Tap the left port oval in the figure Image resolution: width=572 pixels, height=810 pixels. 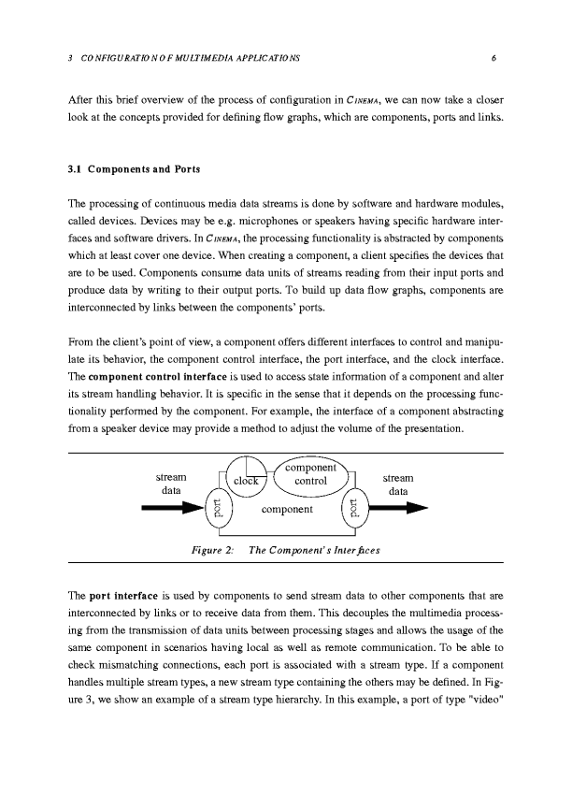point(217,509)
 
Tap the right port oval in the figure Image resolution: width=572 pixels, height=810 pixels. point(354,509)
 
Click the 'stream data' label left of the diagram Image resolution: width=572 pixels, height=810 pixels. point(171,484)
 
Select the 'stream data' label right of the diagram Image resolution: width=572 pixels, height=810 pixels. point(398,484)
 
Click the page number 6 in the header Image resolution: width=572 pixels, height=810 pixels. point(492,58)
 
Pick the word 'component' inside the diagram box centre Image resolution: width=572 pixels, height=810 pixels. point(286,510)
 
